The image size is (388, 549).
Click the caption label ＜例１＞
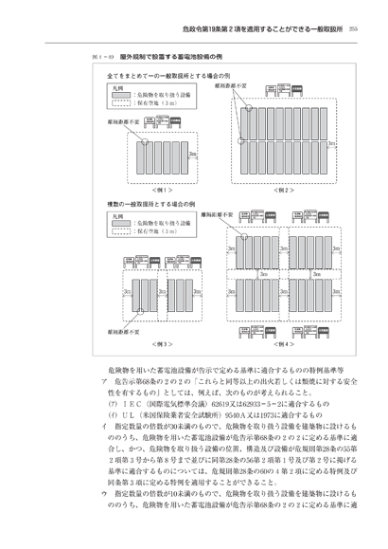click(x=152, y=190)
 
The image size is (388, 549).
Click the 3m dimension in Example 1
click(x=193, y=153)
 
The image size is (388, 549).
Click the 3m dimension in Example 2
click(x=333, y=143)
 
